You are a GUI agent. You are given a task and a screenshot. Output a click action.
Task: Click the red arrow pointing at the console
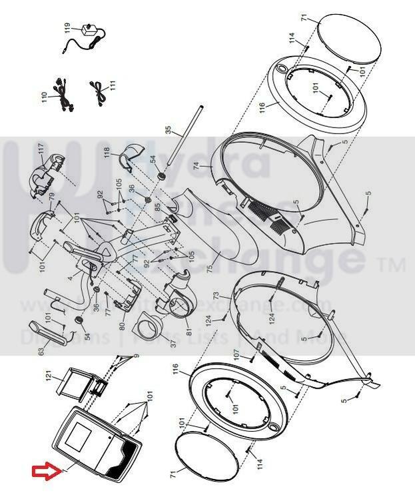(x=45, y=473)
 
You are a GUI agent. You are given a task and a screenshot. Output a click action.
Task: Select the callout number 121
(x=48, y=376)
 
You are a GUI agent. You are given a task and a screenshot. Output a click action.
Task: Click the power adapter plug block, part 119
(x=87, y=29)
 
